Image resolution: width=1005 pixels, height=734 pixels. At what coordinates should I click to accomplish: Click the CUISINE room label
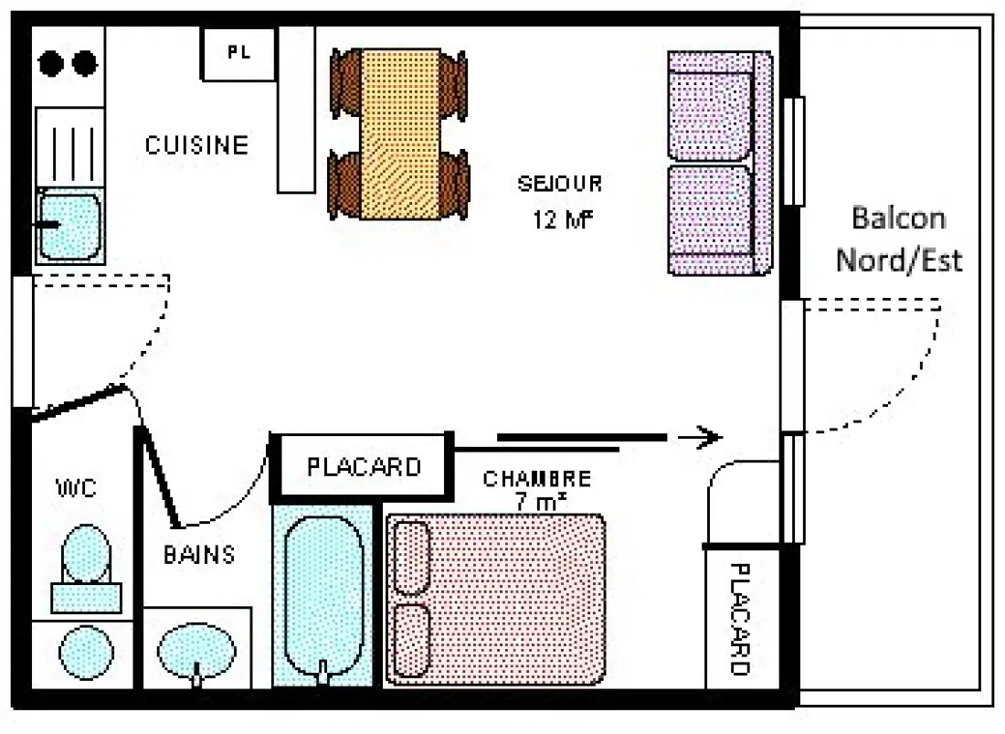tap(196, 144)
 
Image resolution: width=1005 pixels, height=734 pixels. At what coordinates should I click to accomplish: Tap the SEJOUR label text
tap(559, 184)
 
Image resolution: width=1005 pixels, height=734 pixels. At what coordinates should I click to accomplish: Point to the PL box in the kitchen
tap(239, 54)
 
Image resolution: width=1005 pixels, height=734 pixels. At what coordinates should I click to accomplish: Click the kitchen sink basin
tap(69, 225)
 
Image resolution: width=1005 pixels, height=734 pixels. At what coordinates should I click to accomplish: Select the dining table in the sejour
tap(400, 134)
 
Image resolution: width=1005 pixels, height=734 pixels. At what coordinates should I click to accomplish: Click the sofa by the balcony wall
tap(720, 164)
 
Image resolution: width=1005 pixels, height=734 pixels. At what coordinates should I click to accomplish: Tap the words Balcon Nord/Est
tap(899, 239)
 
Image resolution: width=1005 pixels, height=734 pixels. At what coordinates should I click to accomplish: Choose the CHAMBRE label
tap(537, 479)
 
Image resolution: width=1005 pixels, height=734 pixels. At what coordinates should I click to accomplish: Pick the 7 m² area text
tap(540, 502)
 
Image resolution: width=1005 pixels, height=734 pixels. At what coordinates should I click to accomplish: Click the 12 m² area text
tap(563, 220)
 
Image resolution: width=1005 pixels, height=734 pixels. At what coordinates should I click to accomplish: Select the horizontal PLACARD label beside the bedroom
tap(364, 467)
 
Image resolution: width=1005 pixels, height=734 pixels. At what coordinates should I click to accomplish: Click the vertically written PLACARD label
tap(740, 619)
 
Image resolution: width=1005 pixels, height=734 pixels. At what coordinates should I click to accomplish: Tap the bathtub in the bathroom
tap(323, 597)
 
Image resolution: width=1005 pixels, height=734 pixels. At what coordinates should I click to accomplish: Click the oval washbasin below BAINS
tap(196, 650)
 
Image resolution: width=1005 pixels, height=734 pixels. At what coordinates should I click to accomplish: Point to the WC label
tap(77, 488)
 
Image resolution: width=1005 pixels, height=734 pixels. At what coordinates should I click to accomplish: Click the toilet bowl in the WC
tap(86, 554)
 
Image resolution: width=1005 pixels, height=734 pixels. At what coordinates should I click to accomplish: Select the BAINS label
tap(199, 555)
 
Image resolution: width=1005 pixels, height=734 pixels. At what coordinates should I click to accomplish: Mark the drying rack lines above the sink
tap(73, 154)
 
